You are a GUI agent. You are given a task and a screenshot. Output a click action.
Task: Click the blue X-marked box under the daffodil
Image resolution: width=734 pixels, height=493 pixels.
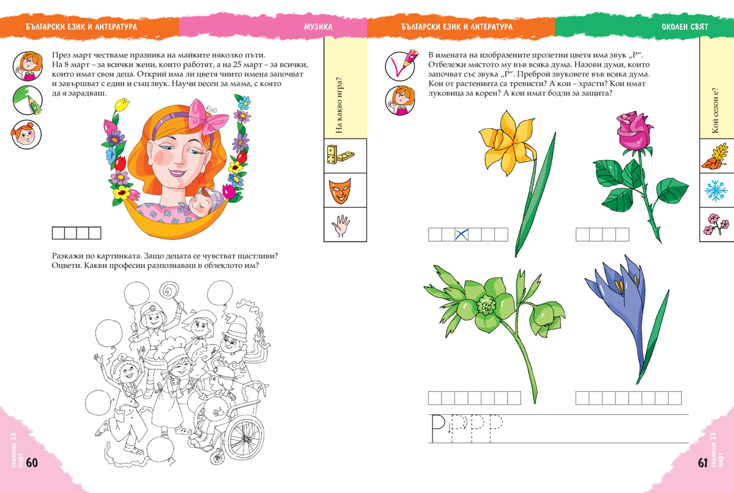coord(461,235)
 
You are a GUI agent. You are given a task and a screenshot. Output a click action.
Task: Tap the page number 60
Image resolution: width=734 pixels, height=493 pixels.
coord(32,462)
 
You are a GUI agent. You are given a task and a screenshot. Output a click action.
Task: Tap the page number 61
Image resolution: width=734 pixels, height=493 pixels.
coord(703,462)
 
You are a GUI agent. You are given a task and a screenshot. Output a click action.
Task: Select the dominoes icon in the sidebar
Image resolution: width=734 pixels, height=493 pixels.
coord(340,155)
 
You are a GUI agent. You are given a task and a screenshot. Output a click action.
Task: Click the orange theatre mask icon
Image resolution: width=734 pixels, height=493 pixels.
coord(340,191)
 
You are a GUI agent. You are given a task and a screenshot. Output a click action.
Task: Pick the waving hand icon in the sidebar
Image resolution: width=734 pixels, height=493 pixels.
coord(341,225)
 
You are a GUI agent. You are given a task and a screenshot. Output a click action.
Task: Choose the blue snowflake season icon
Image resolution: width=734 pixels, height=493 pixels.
coord(716,191)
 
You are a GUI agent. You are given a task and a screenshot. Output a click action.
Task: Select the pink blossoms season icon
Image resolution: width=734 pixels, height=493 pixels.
coord(716,224)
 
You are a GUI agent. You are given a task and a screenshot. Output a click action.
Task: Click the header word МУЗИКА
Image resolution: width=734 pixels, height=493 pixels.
coord(318,27)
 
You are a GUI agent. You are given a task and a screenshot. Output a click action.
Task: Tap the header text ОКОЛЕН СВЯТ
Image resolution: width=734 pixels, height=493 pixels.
coord(685,26)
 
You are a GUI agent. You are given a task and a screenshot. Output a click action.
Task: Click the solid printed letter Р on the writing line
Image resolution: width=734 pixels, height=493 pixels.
coord(438,428)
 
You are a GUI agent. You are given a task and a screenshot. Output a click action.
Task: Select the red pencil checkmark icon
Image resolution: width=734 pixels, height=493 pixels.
coord(400,65)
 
